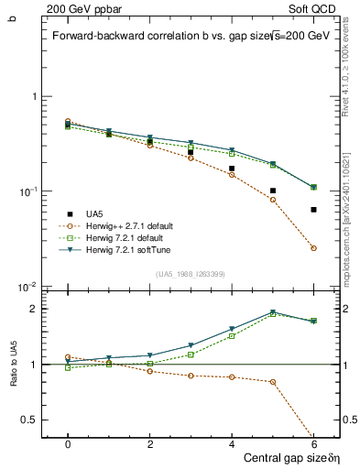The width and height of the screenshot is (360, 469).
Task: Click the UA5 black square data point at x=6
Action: [x=313, y=210]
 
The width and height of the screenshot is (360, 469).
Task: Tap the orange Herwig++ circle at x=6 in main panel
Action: [x=313, y=248]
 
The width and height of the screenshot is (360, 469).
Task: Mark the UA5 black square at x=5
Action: [x=273, y=191]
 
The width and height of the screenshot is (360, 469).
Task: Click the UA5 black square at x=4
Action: [x=232, y=169]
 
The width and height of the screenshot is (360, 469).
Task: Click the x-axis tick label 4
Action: [x=232, y=442]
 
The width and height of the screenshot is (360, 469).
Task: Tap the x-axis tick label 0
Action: [x=68, y=442]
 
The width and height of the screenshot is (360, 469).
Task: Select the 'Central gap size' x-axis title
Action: [x=284, y=457]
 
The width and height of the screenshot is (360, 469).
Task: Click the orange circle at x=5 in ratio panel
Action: [x=273, y=382]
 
